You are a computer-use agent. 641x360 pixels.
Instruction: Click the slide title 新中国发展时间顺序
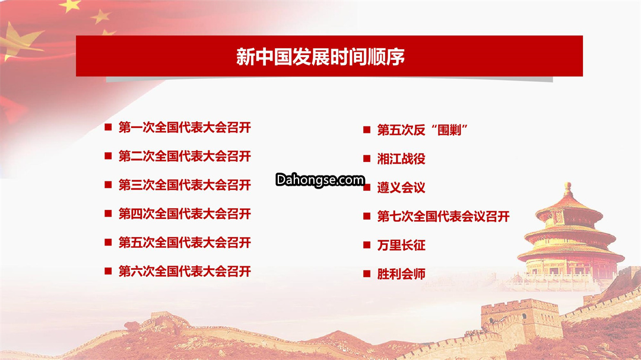click(x=320, y=56)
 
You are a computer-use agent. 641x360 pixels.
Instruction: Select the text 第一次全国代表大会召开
click(x=185, y=128)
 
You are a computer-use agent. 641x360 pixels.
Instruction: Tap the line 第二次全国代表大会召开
click(x=185, y=156)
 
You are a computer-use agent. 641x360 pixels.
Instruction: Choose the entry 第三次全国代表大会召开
click(x=185, y=185)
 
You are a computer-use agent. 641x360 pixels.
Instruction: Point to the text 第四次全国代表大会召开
click(x=185, y=214)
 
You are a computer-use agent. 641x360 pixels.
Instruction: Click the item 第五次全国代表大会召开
click(x=185, y=243)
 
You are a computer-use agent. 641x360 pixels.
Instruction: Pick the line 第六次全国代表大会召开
click(x=185, y=271)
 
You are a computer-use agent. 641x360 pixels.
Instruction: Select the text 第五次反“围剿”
click(x=423, y=130)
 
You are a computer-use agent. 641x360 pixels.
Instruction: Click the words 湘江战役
click(x=401, y=158)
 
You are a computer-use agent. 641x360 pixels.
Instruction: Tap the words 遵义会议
click(x=401, y=187)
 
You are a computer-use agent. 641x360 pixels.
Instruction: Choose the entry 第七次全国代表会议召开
click(x=443, y=216)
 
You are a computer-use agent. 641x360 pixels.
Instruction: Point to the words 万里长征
click(x=401, y=245)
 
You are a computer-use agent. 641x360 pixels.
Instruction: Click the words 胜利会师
click(x=401, y=274)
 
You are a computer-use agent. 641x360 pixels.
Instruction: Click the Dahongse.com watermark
click(x=320, y=180)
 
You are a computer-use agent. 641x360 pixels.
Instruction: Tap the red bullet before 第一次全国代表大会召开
click(x=109, y=127)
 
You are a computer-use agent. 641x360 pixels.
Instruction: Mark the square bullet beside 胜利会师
click(x=367, y=274)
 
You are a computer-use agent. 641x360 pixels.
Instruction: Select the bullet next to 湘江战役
click(x=367, y=158)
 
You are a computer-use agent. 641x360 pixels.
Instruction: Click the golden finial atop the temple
click(x=568, y=189)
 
